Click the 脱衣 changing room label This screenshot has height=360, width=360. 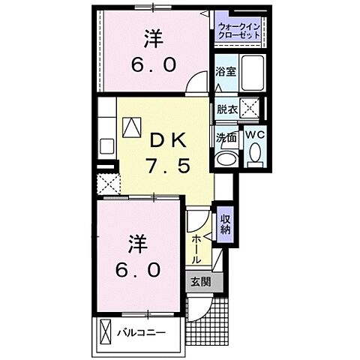(x=227, y=109)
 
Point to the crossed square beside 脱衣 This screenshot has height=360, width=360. (x=253, y=109)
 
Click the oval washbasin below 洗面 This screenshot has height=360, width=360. (x=224, y=159)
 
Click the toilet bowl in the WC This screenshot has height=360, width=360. (x=253, y=156)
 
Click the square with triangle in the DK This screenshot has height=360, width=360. (x=132, y=127)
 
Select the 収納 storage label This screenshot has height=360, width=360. (x=225, y=224)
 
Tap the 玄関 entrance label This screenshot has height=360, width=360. (x=199, y=283)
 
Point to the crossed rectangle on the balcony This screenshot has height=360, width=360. (x=105, y=331)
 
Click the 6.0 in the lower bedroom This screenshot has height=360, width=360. (x=137, y=269)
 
